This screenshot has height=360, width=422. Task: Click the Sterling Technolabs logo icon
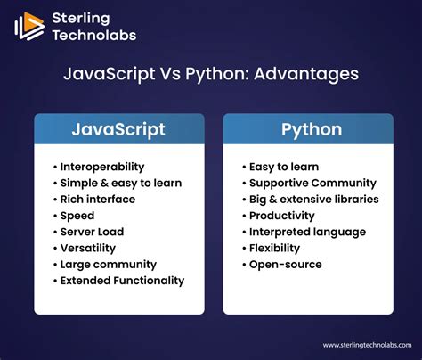pos(29,26)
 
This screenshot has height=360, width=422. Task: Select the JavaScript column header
pos(118,129)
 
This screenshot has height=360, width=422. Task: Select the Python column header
pos(311,129)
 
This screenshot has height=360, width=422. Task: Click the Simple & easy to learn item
pos(119,183)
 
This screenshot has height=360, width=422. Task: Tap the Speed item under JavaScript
pos(77,215)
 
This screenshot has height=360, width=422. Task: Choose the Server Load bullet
pos(92,232)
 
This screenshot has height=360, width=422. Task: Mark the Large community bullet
pos(107,264)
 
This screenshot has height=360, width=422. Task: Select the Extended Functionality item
pos(122,280)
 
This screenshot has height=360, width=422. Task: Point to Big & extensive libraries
pos(313,199)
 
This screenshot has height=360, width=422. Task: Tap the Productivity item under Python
pos(281,215)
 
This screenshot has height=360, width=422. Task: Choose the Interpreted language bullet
pos(307,232)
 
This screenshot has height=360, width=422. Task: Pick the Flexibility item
pos(274,248)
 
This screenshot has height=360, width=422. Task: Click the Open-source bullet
pos(285,264)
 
